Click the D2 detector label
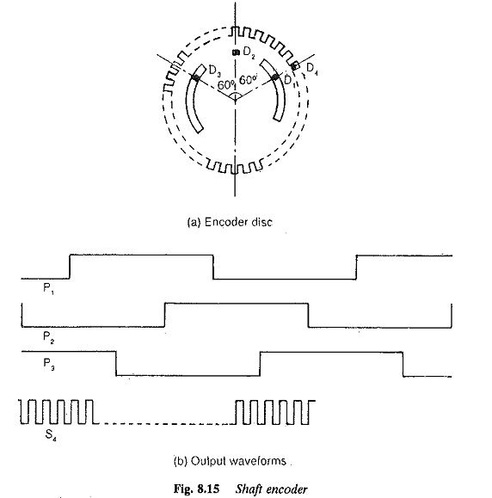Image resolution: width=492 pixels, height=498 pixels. [x=249, y=52]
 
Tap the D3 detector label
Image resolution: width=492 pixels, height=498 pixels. [x=215, y=71]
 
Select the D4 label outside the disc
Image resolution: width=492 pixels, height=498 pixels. [x=312, y=69]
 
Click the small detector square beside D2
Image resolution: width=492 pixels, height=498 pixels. [x=236, y=52]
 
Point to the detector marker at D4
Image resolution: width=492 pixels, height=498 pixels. [x=295, y=65]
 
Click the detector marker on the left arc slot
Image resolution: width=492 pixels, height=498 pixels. [x=195, y=77]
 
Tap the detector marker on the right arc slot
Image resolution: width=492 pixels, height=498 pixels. [x=275, y=77]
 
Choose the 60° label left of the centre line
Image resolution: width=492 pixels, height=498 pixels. [x=226, y=85]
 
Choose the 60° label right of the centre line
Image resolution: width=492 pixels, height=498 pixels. [x=248, y=80]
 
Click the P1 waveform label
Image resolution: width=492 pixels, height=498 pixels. [x=48, y=289]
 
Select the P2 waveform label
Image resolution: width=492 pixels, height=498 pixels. [x=48, y=337]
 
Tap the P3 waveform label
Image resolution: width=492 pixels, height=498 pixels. [x=48, y=364]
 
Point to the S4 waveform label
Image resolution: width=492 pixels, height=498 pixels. [x=51, y=435]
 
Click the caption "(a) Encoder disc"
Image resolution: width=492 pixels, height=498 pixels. [x=230, y=222]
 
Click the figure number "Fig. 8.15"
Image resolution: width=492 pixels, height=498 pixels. [x=196, y=489]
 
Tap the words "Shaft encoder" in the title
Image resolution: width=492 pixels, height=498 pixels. [x=271, y=489]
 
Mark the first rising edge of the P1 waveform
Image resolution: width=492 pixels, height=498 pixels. [x=70, y=267]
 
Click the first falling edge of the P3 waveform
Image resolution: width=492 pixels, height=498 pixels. [x=116, y=364]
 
